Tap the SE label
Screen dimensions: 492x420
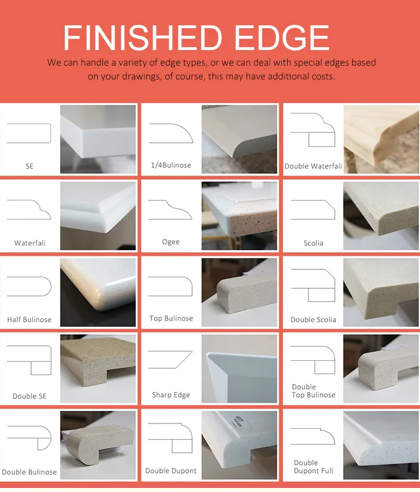pos(29,166)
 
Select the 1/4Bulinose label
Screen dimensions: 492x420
pos(171,165)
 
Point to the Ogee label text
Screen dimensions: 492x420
pos(171,242)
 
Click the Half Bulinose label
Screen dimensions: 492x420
pos(29,319)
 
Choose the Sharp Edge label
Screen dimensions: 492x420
pos(171,395)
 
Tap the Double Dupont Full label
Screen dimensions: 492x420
pos(313,467)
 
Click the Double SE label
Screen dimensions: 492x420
pos(29,396)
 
